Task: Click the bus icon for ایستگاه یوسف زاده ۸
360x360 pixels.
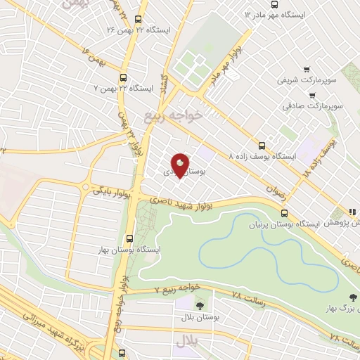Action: (262, 142)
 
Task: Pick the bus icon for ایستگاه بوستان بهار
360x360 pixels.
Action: (129, 238)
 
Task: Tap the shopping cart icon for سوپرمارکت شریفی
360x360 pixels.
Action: (307, 69)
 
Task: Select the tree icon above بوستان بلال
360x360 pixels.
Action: (200, 306)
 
